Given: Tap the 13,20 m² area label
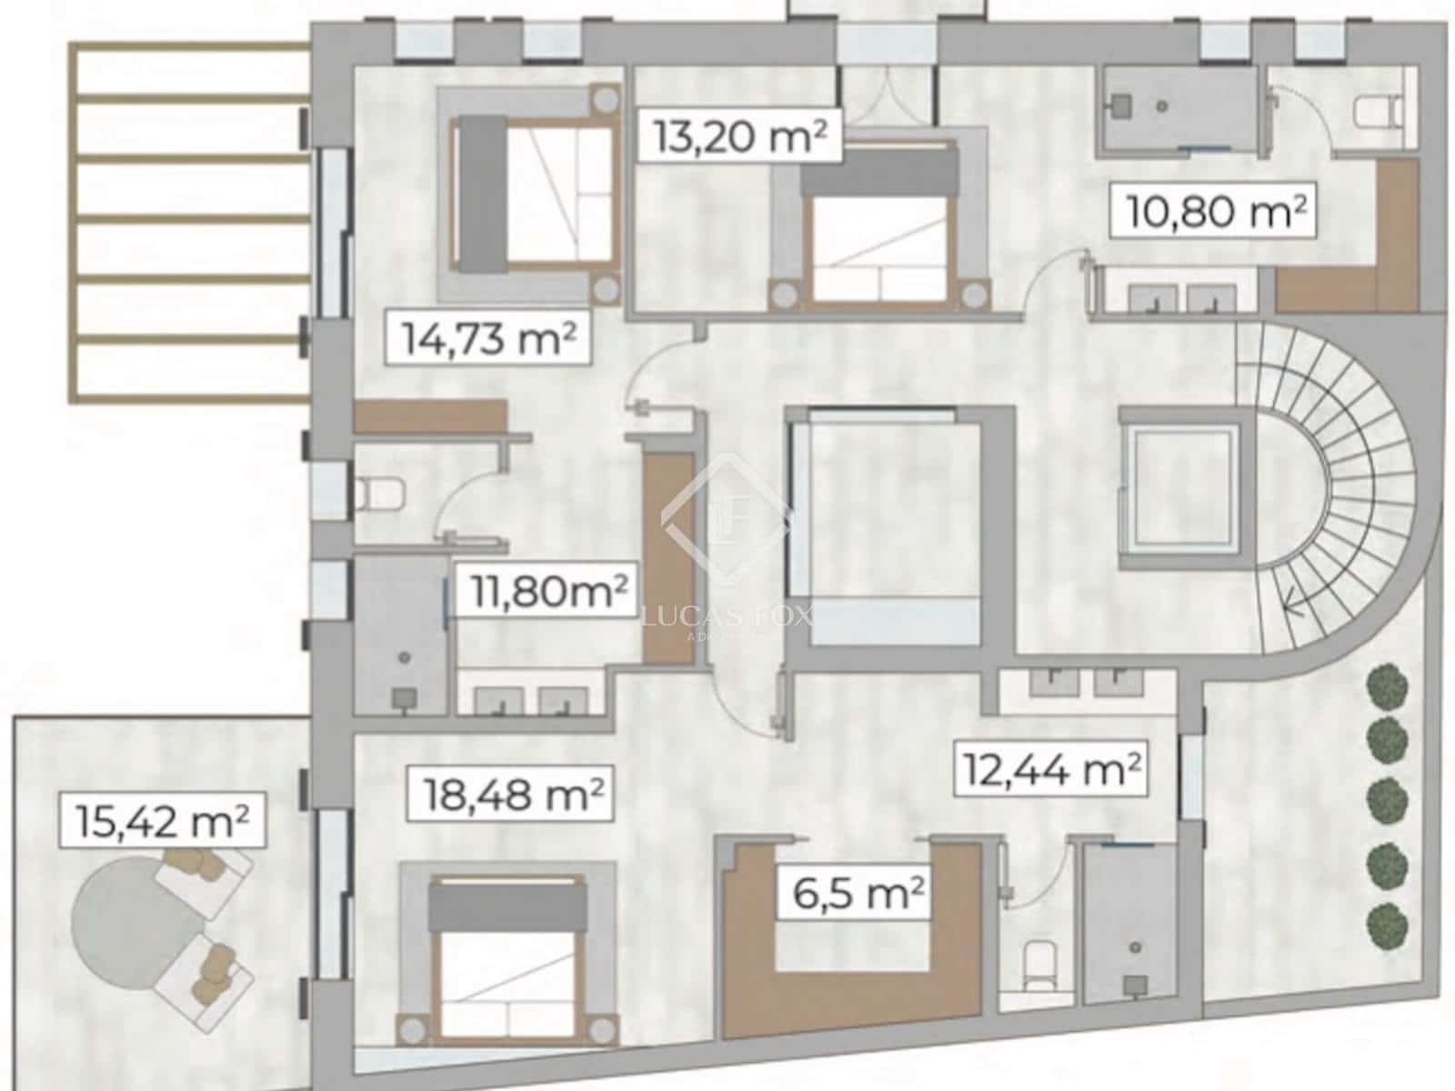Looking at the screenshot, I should [739, 136].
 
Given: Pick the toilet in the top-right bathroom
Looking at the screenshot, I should [1375, 114].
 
